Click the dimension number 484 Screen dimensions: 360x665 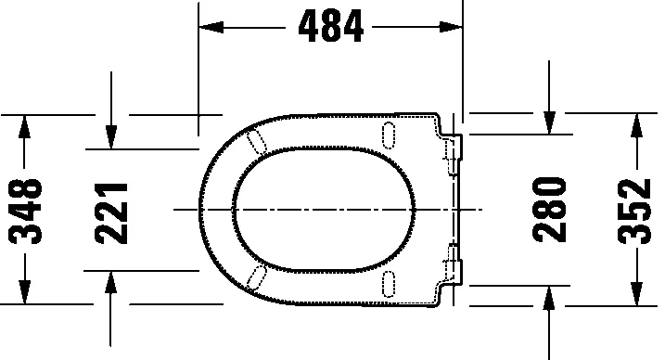(x=330, y=28)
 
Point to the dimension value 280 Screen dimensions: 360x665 (x=550, y=210)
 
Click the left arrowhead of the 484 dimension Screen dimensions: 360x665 (x=210, y=28)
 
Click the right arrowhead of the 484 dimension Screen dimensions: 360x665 (x=453, y=28)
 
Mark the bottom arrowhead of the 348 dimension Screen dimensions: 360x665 (x=26, y=295)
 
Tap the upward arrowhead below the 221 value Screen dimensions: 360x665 (x=110, y=280)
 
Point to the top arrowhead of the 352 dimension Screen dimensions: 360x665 (x=636, y=123)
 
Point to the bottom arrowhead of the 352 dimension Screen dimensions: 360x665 (x=636, y=296)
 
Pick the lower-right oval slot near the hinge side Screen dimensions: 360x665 (x=388, y=283)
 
